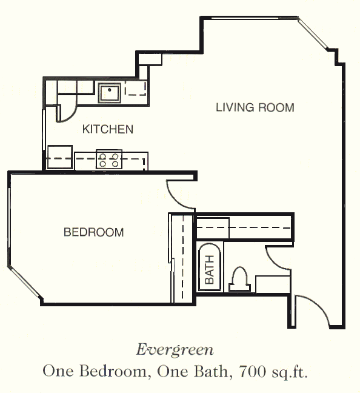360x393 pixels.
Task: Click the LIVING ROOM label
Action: pos(255,107)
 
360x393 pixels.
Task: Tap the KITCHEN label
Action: pos(108,129)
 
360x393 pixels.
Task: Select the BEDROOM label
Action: pos(94,232)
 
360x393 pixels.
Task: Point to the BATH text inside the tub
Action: pos(210,270)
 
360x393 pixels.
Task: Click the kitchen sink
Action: pos(110,92)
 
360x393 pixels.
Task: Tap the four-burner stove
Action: pos(109,160)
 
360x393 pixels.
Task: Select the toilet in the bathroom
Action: pos(240,279)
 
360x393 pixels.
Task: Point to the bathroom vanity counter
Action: pos(273,284)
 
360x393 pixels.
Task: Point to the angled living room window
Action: pos(313,34)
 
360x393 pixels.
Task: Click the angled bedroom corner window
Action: pos(24,282)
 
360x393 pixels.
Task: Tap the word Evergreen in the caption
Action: pos(175,350)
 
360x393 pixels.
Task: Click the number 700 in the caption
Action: pos(252,371)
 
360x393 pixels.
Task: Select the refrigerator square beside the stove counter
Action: pos(60,156)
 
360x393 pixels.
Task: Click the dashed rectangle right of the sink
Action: pos(135,88)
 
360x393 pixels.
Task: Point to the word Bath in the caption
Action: pos(210,371)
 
